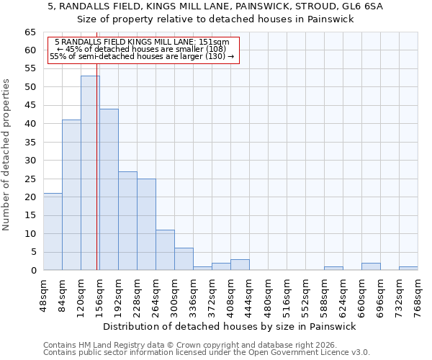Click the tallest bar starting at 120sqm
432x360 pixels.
pos(90,173)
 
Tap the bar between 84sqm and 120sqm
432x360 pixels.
pos(71,195)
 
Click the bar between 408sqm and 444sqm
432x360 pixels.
pos(240,265)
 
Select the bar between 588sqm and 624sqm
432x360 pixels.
pos(333,269)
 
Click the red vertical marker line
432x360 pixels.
pos(96,180)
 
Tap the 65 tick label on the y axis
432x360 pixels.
pos(30,32)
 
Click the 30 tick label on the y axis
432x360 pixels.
pos(30,161)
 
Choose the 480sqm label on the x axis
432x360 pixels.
pos(269,296)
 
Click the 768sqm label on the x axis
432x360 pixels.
pos(418,296)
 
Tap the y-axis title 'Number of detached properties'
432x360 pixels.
pos(6,155)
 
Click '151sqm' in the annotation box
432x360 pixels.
pos(215,42)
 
